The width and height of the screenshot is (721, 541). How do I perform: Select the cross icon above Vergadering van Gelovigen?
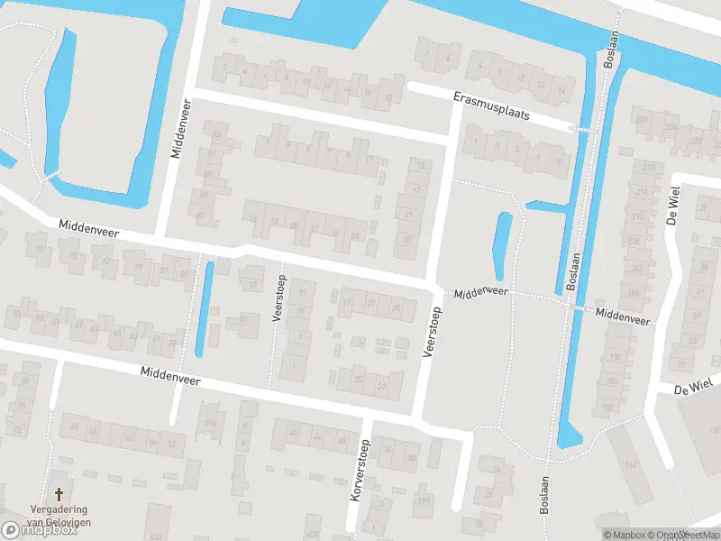click(x=59, y=494)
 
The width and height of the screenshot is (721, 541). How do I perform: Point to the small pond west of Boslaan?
click(x=503, y=246)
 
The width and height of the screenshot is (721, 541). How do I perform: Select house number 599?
click(x=423, y=500)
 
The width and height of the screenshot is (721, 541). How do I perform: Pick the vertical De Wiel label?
click(x=671, y=205)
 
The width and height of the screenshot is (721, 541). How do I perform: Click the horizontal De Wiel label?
click(x=692, y=388)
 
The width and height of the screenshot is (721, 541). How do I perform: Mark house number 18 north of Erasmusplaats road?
click(x=388, y=97)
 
